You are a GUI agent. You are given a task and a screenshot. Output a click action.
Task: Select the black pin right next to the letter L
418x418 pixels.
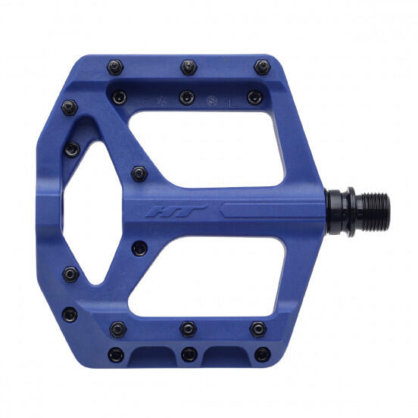pyautogui.click(x=255, y=97)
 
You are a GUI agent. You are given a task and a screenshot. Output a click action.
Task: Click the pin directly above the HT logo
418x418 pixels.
pyautogui.click(x=139, y=173)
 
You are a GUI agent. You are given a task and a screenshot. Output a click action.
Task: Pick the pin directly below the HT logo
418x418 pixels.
pyautogui.click(x=139, y=247)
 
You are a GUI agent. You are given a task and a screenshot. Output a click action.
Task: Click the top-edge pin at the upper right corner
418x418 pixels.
pyautogui.click(x=262, y=67)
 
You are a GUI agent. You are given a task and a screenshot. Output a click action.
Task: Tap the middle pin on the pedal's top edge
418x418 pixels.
pyautogui.click(x=188, y=67)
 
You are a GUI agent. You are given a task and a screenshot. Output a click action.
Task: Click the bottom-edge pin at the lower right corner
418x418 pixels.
pyautogui.click(x=262, y=353)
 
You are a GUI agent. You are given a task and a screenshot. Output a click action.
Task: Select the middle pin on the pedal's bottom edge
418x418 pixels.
pyautogui.click(x=189, y=354)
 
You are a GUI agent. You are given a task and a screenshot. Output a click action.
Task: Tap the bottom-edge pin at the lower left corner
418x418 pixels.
pyautogui.click(x=116, y=354)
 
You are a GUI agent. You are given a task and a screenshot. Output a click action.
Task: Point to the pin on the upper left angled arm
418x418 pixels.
pyautogui.click(x=72, y=147)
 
